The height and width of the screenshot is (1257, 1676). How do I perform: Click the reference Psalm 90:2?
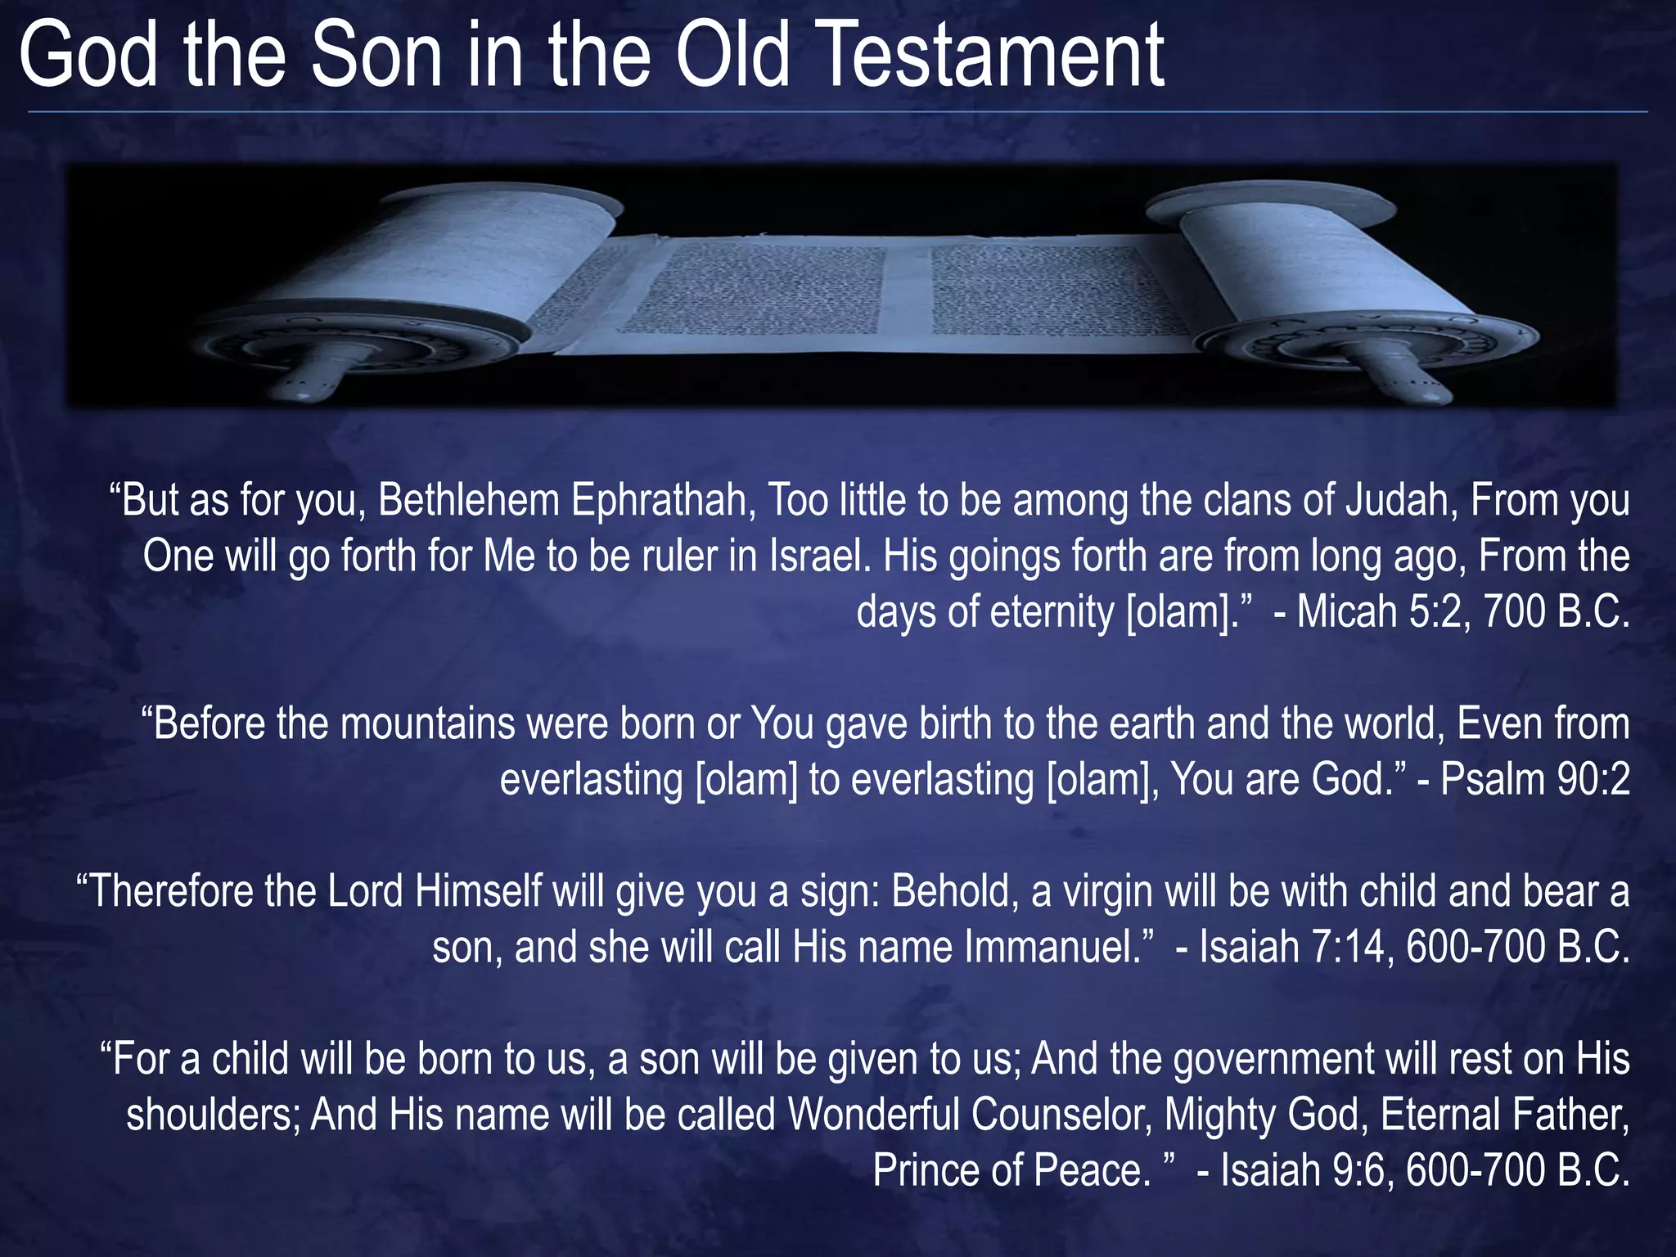pyautogui.click(x=1535, y=780)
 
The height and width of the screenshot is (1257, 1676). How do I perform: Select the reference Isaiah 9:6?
pyautogui.click(x=1301, y=1170)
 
